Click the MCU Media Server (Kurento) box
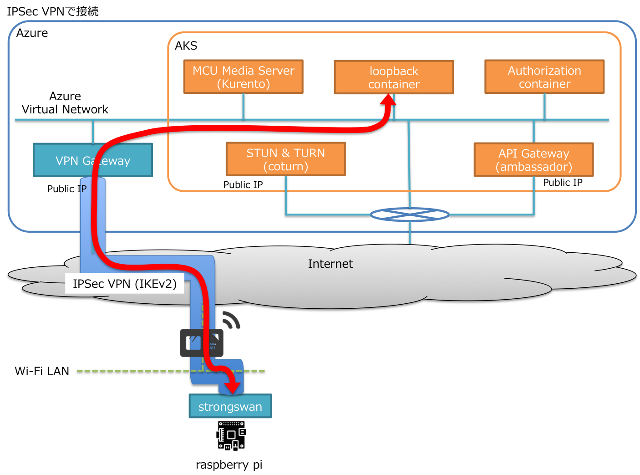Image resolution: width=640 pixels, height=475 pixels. click(x=243, y=77)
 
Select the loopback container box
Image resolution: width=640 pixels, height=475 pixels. click(x=394, y=77)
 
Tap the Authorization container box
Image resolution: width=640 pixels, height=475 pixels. click(x=544, y=77)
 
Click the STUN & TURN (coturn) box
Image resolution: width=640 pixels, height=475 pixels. click(x=285, y=159)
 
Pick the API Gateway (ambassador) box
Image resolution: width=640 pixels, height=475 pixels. click(x=533, y=160)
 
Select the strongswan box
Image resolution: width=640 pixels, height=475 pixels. click(x=230, y=406)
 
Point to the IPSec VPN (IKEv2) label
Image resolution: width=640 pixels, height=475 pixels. click(x=125, y=284)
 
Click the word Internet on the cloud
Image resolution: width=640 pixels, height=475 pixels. click(x=330, y=264)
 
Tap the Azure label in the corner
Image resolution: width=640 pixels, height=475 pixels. click(x=32, y=33)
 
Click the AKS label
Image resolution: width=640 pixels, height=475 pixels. click(x=186, y=46)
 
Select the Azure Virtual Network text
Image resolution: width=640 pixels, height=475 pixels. click(x=65, y=103)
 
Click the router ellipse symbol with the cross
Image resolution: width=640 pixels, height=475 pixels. click(x=410, y=215)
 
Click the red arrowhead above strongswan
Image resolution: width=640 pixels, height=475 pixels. click(x=233, y=388)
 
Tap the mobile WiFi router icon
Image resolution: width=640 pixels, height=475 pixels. click(x=201, y=343)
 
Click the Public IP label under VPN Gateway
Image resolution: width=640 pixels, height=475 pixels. click(x=66, y=189)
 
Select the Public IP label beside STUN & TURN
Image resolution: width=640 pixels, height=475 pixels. click(x=243, y=184)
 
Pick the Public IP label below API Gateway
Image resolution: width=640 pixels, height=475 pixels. click(x=563, y=183)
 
